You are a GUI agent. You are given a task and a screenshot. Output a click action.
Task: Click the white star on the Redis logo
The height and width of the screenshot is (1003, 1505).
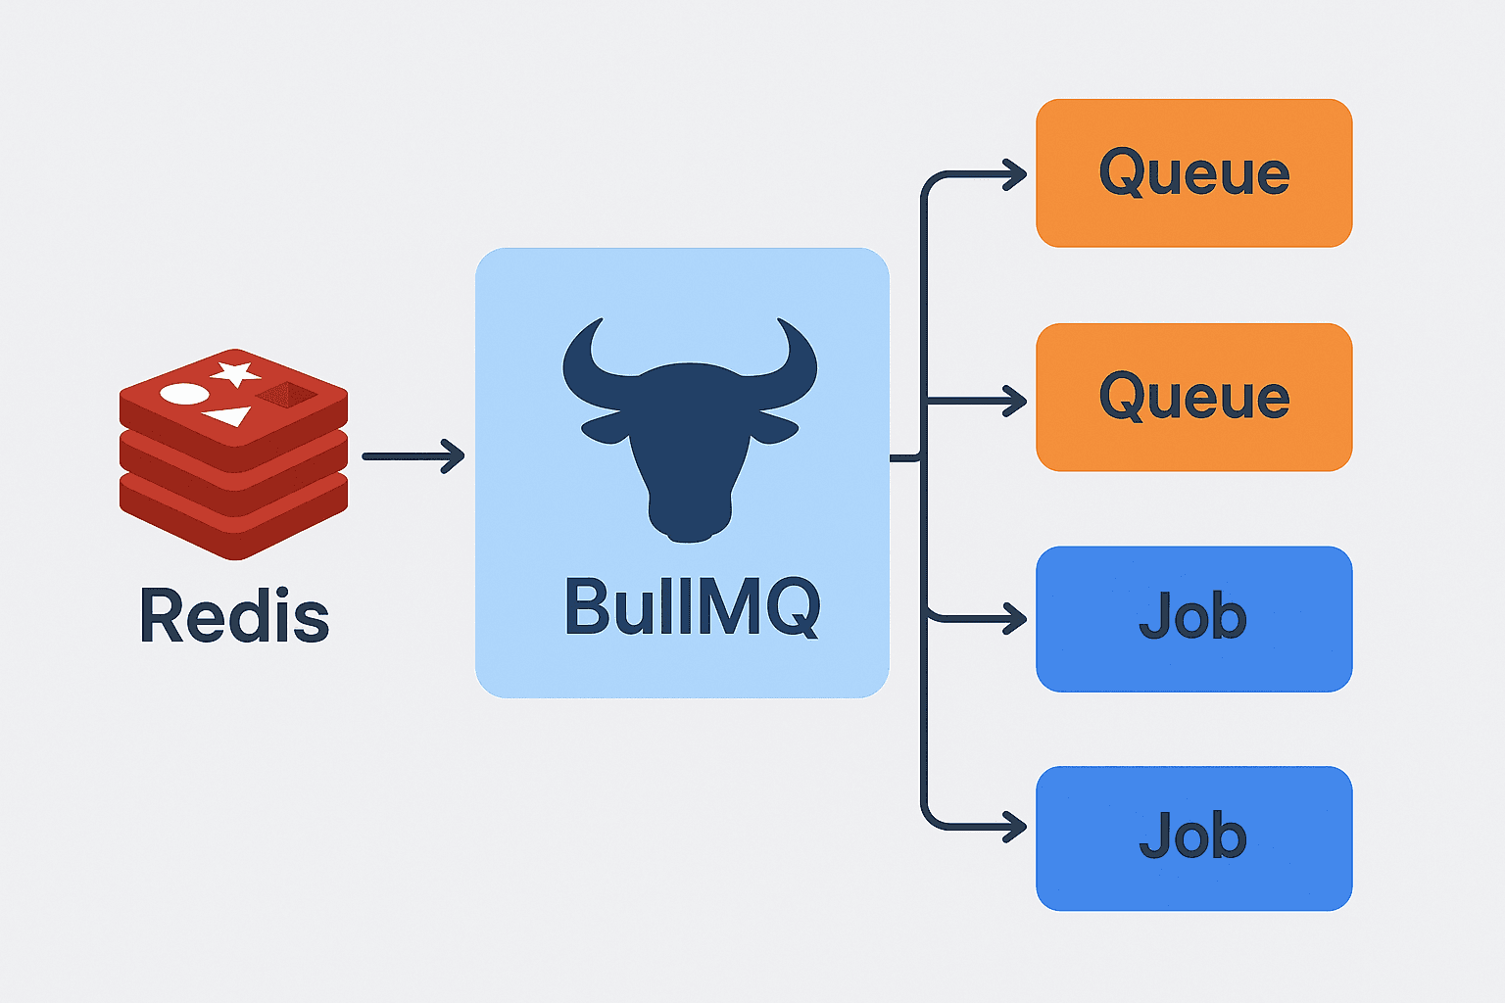[235, 373]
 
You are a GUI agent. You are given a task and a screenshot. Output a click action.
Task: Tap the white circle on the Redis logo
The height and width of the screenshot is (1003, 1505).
[185, 395]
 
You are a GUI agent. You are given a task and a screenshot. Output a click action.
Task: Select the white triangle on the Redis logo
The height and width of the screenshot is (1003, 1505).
[229, 416]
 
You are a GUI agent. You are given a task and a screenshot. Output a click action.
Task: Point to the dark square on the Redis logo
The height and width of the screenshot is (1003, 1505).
[286, 395]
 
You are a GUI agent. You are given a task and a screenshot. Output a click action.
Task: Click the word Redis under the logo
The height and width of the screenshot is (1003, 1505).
[234, 616]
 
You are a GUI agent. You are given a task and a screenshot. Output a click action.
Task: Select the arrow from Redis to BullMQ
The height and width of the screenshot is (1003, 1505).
[413, 456]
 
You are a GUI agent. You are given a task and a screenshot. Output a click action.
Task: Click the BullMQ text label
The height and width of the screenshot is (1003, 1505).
[692, 607]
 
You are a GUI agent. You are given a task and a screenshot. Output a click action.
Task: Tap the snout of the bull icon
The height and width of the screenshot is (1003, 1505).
[690, 519]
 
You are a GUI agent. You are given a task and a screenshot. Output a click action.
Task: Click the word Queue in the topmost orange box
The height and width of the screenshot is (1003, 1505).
[1194, 173]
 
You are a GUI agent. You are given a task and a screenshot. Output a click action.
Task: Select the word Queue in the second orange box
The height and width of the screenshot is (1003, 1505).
[1194, 398]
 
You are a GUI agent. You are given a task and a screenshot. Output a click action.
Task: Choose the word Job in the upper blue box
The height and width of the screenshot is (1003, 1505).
[1193, 617]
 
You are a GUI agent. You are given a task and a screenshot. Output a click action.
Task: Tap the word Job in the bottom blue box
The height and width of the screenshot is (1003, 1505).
[1193, 836]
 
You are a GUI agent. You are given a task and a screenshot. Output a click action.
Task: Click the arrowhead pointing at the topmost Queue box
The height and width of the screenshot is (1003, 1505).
[1016, 175]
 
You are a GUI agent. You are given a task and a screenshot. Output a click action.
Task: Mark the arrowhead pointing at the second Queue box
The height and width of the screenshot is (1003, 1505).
[1016, 401]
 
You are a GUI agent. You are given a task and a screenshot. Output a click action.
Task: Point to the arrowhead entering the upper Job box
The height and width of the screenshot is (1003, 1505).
[1016, 619]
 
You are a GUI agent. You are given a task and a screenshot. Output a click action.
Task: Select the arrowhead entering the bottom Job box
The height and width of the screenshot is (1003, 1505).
[1016, 829]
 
